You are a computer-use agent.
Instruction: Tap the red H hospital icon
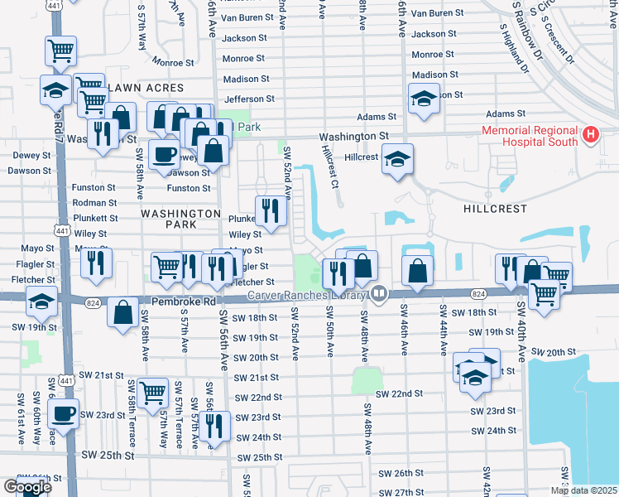[591, 134]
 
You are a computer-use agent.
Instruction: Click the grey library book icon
[379, 292]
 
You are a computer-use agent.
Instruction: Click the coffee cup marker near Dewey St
[164, 154]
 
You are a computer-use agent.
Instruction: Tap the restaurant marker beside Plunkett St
[270, 211]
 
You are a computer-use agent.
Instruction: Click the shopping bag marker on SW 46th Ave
[419, 270]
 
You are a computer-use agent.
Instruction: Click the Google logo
[27, 488]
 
